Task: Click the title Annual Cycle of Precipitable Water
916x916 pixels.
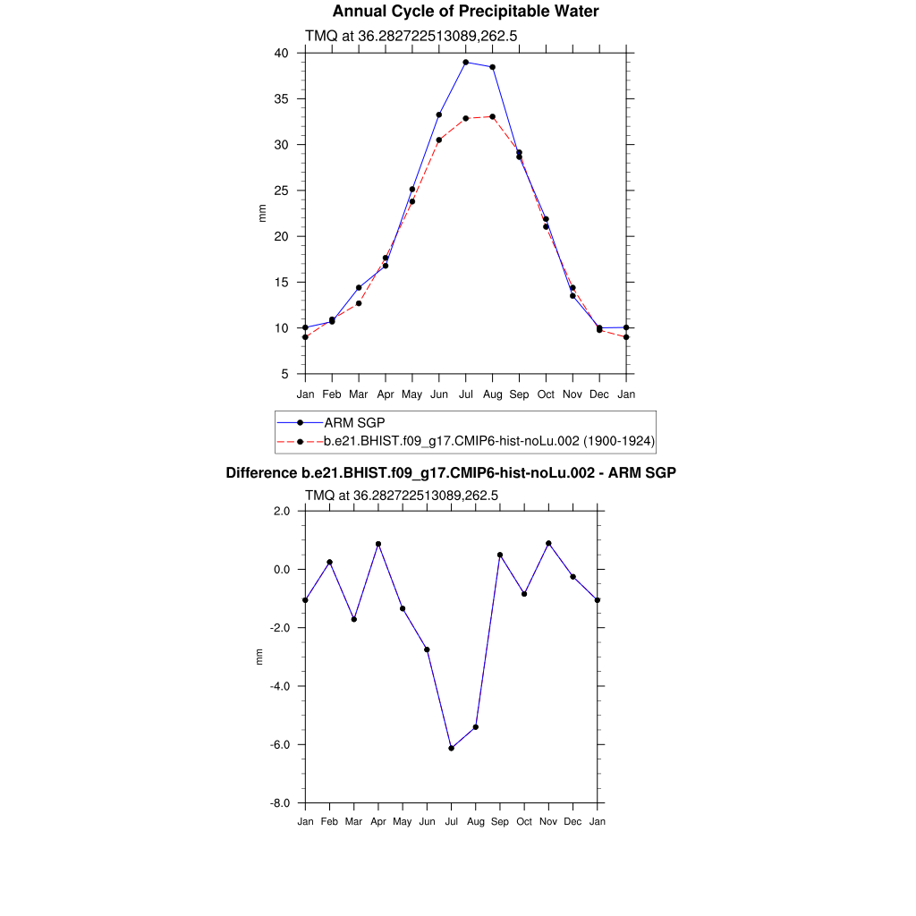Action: pos(465,12)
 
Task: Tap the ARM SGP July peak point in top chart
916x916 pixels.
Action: pos(466,63)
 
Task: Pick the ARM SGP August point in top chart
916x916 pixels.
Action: pos(493,67)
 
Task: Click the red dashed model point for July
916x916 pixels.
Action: pos(466,118)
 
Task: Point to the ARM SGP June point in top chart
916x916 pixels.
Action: pos(439,114)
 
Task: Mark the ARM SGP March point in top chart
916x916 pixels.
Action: pos(359,288)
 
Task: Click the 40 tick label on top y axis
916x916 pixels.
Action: pos(281,54)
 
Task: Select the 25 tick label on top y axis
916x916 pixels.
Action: pos(281,191)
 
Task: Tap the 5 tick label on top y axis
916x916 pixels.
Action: pos(284,374)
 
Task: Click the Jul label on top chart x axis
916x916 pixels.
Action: pos(466,394)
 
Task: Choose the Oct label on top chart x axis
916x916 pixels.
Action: pos(546,394)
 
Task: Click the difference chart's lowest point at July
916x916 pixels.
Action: pos(452,748)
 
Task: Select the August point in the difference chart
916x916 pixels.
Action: pos(476,727)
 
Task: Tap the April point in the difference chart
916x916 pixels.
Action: pos(378,544)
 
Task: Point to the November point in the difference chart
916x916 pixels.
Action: pos(548,544)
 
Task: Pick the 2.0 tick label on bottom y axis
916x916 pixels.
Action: pos(281,511)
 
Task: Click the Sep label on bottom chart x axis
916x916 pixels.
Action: pos(500,821)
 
